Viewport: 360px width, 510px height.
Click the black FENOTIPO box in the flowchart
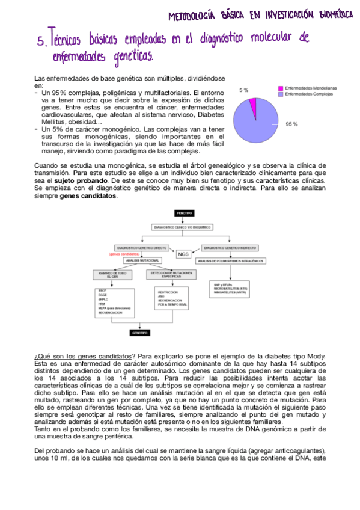[183, 214]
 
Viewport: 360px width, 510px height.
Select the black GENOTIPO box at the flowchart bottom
[141, 332]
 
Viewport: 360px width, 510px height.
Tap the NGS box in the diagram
[183, 254]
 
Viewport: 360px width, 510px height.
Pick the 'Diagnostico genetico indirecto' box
[230, 247]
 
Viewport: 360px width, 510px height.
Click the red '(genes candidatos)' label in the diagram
[124, 254]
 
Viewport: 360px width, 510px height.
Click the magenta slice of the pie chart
[253, 106]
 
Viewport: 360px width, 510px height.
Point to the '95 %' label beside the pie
[292, 124]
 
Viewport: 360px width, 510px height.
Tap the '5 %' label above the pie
[243, 90]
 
